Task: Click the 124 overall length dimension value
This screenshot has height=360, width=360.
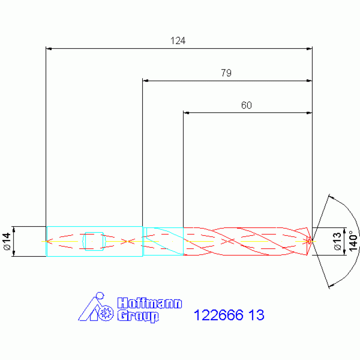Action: [x=178, y=41]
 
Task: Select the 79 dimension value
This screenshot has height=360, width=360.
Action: [x=226, y=73]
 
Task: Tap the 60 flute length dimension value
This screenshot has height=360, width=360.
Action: [x=246, y=105]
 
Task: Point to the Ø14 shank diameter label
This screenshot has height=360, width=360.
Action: [x=8, y=241]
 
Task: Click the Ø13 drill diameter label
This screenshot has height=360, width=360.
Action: [x=337, y=241]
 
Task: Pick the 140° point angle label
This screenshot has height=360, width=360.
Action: [x=353, y=241]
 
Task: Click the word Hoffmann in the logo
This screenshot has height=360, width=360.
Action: [x=150, y=303]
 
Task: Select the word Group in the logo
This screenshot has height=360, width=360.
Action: [x=138, y=316]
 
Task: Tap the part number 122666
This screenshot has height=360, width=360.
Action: [x=219, y=315]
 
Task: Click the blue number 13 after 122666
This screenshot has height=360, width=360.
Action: [x=256, y=315]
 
